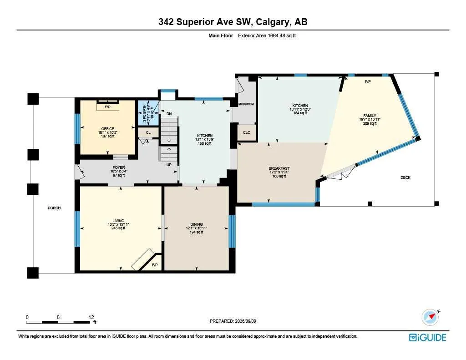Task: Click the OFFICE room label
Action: tap(107, 129)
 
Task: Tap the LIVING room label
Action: tap(118, 221)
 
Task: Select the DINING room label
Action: tap(197, 224)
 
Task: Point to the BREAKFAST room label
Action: tap(279, 168)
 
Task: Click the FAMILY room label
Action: tap(370, 116)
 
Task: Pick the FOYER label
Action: tap(119, 167)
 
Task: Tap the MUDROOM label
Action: tap(246, 104)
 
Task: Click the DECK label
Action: tap(405, 177)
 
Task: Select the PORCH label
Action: tap(54, 208)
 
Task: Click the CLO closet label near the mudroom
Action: tap(247, 132)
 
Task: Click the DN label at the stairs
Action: tap(169, 114)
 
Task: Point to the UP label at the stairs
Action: tap(169, 165)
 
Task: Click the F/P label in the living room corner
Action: tap(155, 265)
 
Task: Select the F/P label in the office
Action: tap(107, 107)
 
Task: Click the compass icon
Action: tap(430, 317)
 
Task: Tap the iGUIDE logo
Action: tap(428, 337)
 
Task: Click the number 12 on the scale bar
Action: tap(91, 317)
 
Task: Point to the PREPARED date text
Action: tap(233, 321)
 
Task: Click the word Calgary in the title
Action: tap(272, 22)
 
